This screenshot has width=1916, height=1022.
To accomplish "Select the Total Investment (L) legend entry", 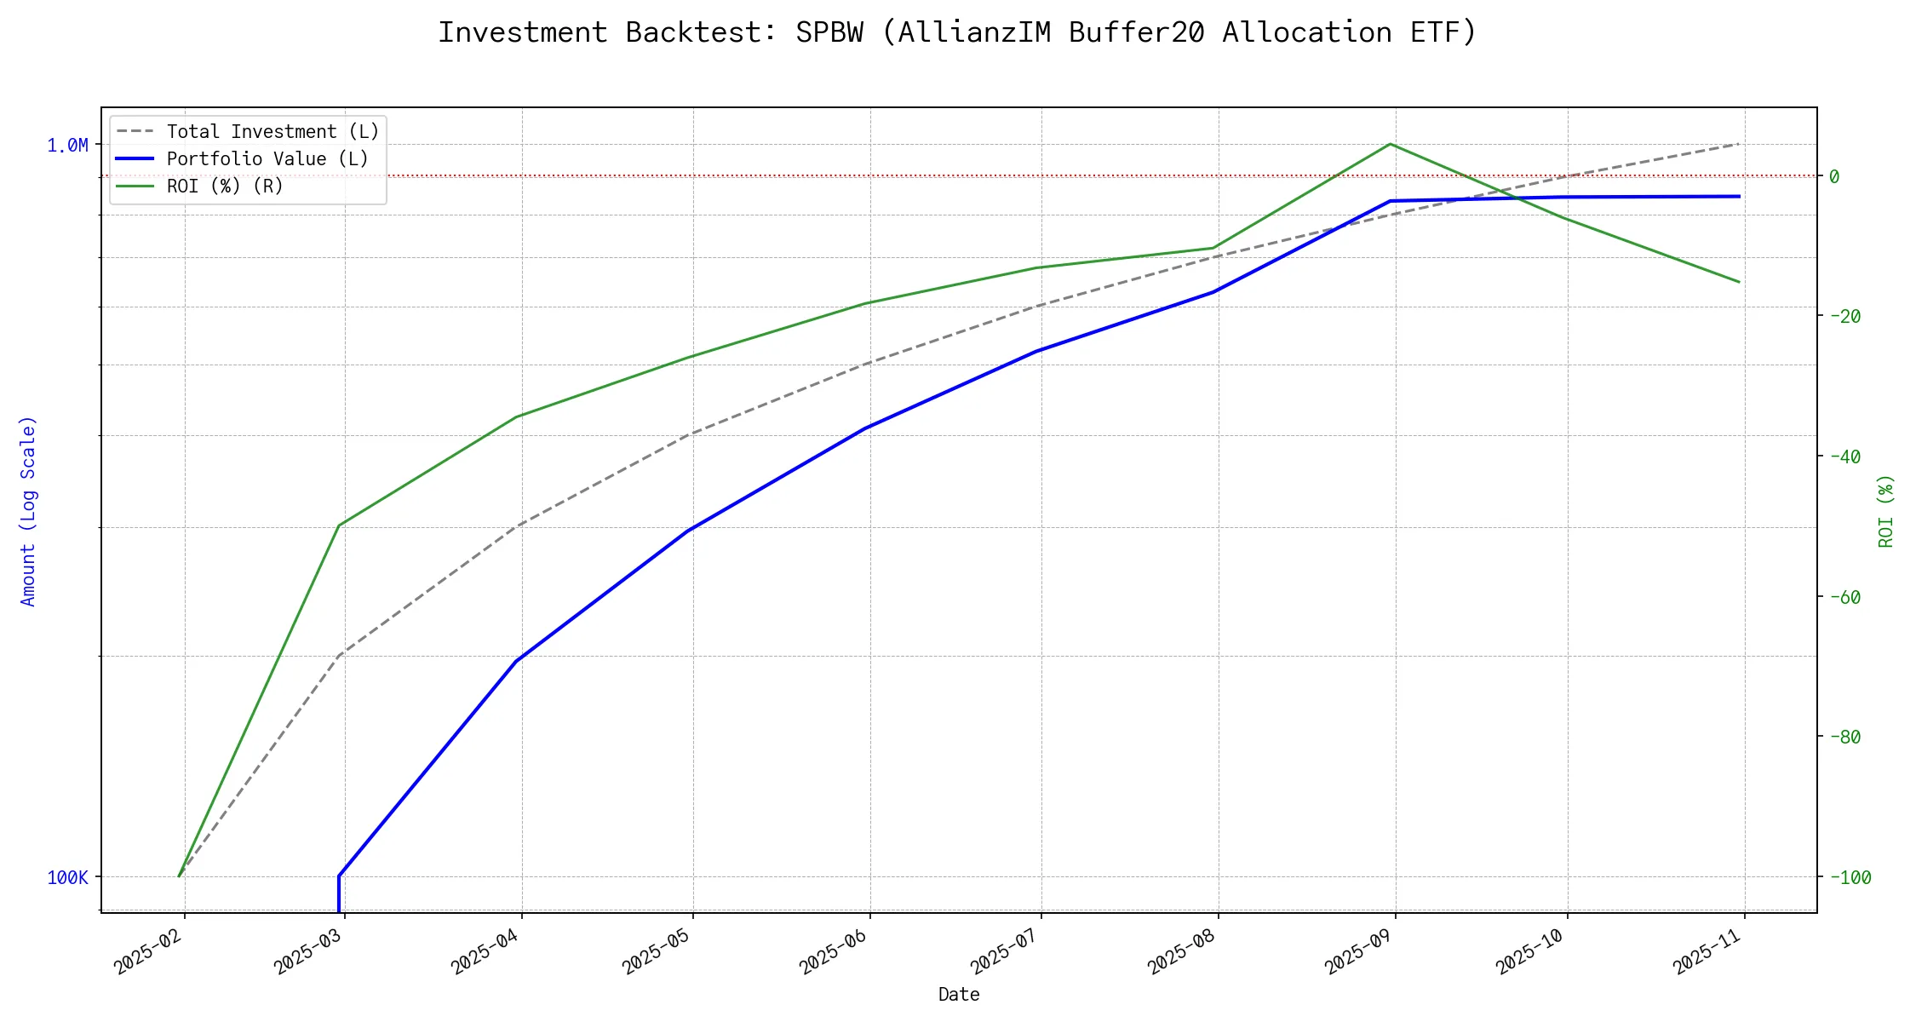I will pyautogui.click(x=272, y=132).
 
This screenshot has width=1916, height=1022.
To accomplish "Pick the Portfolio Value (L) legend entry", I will pyautogui.click(x=267, y=159).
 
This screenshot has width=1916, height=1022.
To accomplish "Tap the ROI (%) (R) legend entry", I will pyautogui.click(x=224, y=187).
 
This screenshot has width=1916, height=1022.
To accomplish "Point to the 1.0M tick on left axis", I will pyautogui.click(x=67, y=146).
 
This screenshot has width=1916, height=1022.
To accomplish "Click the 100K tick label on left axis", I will pyautogui.click(x=67, y=877).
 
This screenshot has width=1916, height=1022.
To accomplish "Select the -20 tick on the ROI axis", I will pyautogui.click(x=1844, y=317).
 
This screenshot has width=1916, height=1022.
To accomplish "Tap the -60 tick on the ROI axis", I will pyautogui.click(x=1844, y=597).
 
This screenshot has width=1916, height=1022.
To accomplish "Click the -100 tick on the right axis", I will pyautogui.click(x=1850, y=877).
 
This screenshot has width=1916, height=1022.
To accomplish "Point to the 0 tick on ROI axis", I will pyautogui.click(x=1834, y=177).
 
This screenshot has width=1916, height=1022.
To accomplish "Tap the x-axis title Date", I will pyautogui.click(x=959, y=995).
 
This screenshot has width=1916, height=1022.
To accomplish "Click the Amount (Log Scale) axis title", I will pyautogui.click(x=28, y=511).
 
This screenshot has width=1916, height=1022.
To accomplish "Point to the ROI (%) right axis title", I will pyautogui.click(x=1886, y=511).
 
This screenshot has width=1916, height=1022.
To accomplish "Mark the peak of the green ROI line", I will pyautogui.click(x=1391, y=144).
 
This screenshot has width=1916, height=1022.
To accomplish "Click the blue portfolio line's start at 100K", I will pyautogui.click(x=339, y=876).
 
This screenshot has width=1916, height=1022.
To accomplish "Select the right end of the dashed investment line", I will pyautogui.click(x=1739, y=144).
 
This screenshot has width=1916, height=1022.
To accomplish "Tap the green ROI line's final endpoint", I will pyautogui.click(x=1739, y=282).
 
